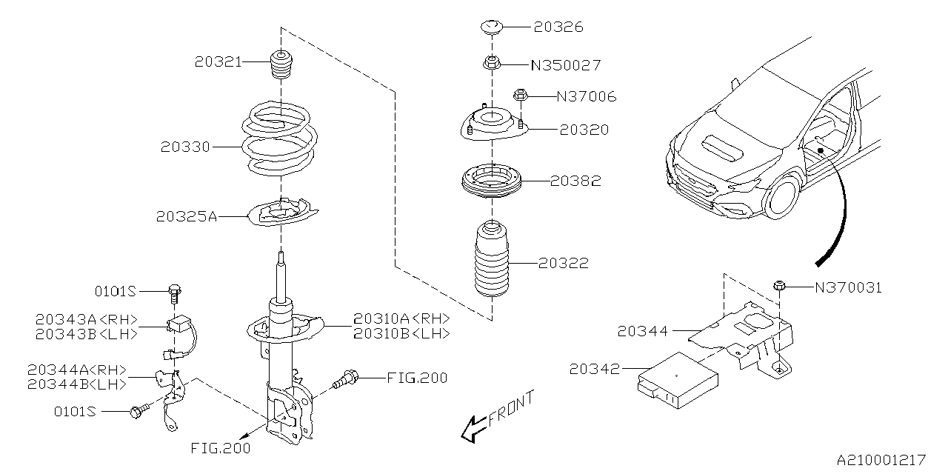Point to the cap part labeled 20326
coord(490,28)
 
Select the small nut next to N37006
coord(521,95)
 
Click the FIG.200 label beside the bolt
coord(417,378)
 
